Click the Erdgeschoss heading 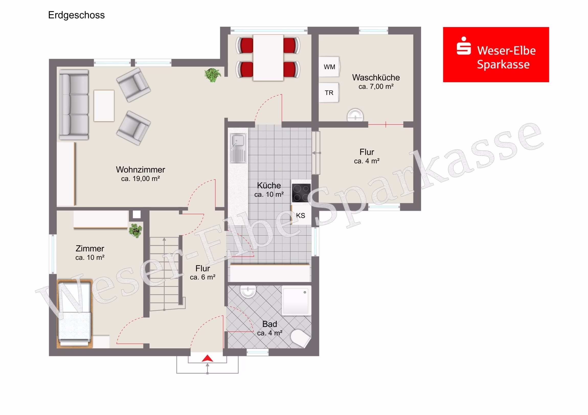click(x=76, y=15)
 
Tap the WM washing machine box click(x=329, y=67)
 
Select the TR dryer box click(x=329, y=93)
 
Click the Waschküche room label click(x=376, y=77)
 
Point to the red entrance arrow click(x=207, y=359)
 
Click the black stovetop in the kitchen click(x=301, y=193)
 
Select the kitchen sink click(x=238, y=148)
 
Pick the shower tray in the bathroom click(x=297, y=300)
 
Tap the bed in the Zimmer click(x=75, y=314)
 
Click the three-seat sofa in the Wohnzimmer click(x=74, y=105)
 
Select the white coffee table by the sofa click(x=104, y=106)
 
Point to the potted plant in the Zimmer click(x=135, y=230)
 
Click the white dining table click(x=268, y=58)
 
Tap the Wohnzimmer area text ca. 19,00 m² click(x=141, y=178)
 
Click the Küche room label click(x=269, y=185)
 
